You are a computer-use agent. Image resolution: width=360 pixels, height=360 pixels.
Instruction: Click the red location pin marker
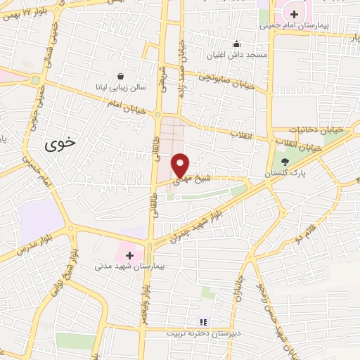pyautogui.click(x=181, y=165)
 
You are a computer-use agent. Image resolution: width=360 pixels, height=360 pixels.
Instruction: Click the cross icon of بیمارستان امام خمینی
pyautogui.click(x=294, y=14)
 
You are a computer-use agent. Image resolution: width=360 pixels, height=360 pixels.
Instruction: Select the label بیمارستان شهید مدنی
pyautogui.click(x=120, y=266)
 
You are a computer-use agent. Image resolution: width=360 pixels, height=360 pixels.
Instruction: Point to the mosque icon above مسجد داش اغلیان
pyautogui.click(x=236, y=44)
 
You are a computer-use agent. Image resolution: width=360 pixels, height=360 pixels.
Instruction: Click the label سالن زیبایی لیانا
pyautogui.click(x=120, y=87)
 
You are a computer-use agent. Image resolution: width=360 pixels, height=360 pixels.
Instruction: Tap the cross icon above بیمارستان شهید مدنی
pyautogui.click(x=129, y=255)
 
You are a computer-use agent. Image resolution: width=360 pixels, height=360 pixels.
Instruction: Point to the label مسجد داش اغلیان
pyautogui.click(x=236, y=54)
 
